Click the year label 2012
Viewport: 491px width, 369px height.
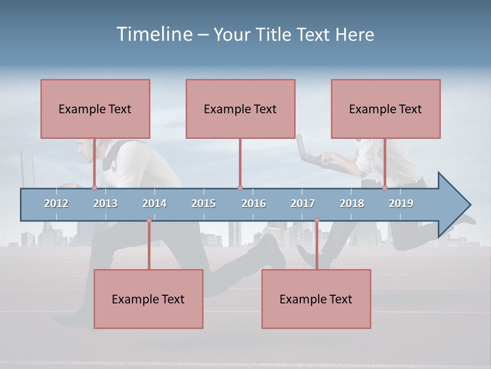click(56, 203)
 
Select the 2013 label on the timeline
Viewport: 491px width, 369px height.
click(105, 203)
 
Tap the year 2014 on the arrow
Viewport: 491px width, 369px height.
click(154, 203)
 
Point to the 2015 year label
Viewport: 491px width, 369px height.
click(204, 203)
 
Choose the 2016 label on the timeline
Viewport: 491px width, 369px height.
click(254, 203)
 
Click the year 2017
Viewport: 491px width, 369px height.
click(303, 203)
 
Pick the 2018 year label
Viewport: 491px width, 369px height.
click(352, 203)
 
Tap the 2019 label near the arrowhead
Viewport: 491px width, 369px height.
click(401, 203)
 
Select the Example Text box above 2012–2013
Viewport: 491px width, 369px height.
click(95, 109)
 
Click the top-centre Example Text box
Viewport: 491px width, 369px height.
click(240, 109)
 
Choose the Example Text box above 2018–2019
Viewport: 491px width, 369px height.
click(386, 109)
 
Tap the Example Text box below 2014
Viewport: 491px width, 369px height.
click(148, 299)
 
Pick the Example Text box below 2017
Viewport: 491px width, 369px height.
click(316, 299)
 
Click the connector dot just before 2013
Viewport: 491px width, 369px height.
click(94, 188)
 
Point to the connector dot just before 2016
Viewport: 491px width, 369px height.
click(240, 188)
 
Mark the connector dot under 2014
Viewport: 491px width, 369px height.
click(149, 220)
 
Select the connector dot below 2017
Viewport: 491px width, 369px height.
click(317, 220)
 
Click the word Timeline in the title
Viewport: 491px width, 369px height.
click(154, 34)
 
